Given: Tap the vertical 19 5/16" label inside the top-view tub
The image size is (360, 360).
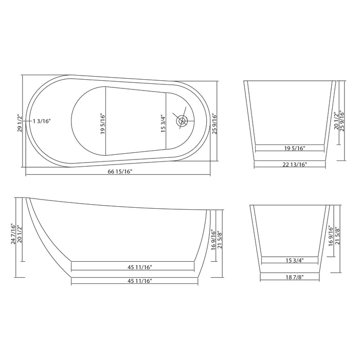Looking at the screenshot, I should point(102,123).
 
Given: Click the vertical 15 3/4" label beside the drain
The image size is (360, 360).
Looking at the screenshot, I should point(163,123).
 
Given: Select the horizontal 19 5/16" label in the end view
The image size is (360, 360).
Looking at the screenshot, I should point(291,148).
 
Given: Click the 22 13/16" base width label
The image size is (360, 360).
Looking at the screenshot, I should point(291,165).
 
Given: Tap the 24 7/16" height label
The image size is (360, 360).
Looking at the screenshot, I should point(14,235).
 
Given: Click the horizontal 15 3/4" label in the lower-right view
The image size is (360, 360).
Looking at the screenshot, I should point(291,260).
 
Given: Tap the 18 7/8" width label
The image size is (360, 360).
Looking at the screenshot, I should point(291,277).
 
